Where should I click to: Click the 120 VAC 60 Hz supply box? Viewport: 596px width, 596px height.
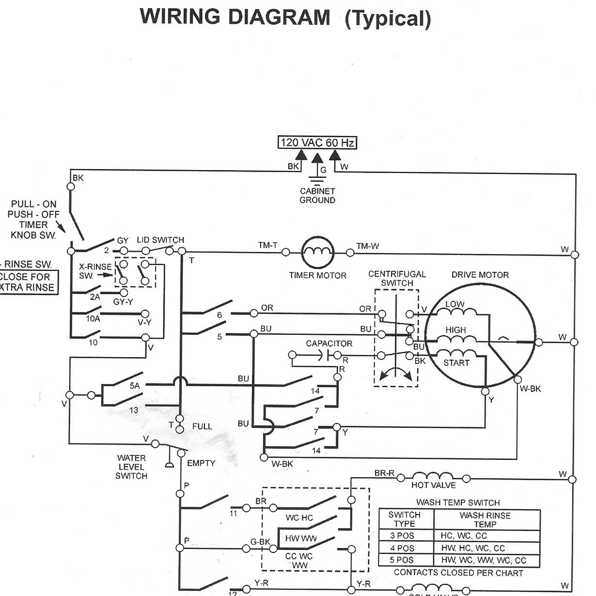pos(317,142)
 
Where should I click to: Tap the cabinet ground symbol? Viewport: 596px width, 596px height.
pos(317,182)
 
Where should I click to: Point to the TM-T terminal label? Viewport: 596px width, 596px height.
pos(267,246)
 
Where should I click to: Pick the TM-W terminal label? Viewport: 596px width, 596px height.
pos(368,246)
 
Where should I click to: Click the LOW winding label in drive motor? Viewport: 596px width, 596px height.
pos(455,304)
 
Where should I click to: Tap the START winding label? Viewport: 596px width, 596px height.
pos(456,363)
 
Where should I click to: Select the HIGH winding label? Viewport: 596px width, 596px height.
pos(455,330)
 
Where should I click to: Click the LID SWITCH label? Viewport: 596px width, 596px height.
pos(160,240)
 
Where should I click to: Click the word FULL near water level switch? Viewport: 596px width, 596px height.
pos(202,426)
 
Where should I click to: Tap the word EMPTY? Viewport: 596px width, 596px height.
pos(201,463)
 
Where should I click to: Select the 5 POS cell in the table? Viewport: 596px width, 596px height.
pos(402,560)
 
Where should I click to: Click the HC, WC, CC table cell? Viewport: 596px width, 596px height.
pos(464,536)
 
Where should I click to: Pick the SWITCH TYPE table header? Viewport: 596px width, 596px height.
pos(404,519)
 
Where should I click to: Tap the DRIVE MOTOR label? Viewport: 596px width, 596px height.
pos(480,275)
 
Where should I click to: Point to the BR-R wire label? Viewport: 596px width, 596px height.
pos(385,473)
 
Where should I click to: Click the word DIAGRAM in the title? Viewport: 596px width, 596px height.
pos(279,18)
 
